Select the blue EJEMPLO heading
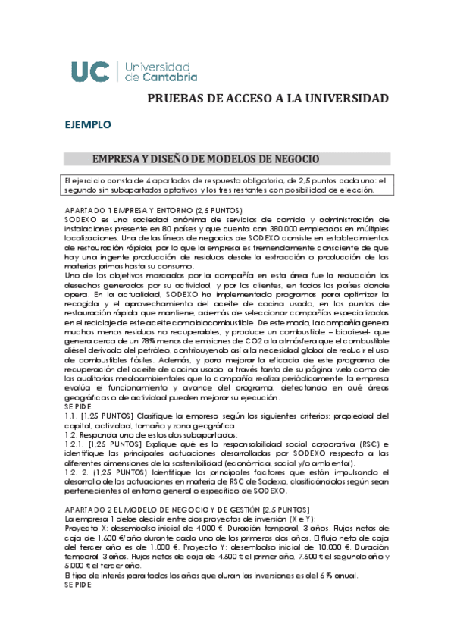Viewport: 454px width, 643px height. click(x=88, y=124)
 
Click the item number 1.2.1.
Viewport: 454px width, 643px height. click(x=76, y=444)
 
